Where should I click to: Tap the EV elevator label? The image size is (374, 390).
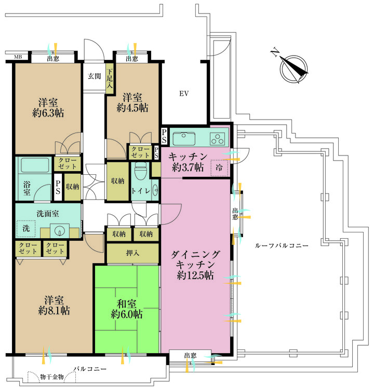click(183, 94)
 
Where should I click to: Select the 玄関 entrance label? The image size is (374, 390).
click(94, 76)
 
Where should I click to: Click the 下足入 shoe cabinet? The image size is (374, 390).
click(110, 81)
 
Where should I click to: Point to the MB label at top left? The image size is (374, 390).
click(18, 57)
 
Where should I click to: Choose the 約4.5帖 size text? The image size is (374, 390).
click(132, 108)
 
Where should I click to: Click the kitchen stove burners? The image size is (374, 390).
click(217, 139)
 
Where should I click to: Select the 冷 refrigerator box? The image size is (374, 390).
click(219, 168)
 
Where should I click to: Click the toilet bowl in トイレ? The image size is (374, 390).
click(140, 172)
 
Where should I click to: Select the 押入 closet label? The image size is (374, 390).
click(132, 254)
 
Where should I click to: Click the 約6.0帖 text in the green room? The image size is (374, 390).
click(127, 314)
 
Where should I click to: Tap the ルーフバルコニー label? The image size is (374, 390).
click(282, 245)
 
